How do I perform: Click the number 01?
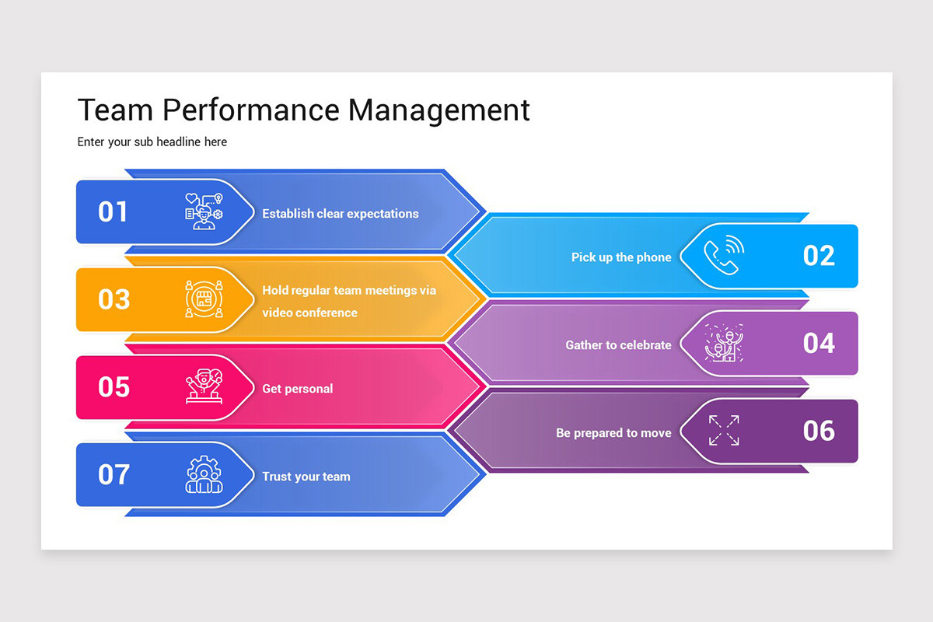113,212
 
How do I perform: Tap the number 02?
819,256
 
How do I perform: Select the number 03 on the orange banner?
114,299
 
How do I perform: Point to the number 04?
819,343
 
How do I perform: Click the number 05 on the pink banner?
114,387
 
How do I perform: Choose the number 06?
819,431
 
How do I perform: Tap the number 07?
114,474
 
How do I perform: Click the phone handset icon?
723,256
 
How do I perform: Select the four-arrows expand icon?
724,431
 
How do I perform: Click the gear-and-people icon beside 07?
204,474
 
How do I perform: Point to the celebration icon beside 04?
724,343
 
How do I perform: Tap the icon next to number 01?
204,211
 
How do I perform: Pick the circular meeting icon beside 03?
204,299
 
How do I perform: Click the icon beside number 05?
204,386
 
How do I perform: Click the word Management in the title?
439,110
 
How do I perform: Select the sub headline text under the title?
152,142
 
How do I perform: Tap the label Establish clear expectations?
340,213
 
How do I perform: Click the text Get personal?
297,388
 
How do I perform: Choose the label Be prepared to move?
613,432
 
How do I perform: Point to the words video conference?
309,313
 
